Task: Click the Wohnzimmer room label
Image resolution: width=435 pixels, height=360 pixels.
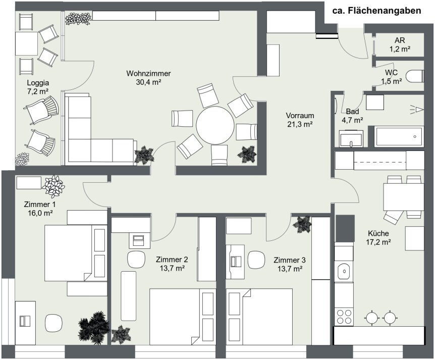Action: click(x=148, y=74)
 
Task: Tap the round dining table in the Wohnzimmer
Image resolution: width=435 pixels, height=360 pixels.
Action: click(x=215, y=125)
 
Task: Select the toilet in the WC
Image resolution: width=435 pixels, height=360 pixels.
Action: click(x=415, y=76)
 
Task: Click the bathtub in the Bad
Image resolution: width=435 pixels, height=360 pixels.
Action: click(x=399, y=136)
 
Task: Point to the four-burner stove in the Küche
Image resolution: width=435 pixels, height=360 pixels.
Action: click(x=344, y=317)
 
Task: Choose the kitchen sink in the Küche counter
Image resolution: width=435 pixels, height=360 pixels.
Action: click(x=344, y=271)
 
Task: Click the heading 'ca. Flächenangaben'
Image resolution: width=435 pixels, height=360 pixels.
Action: click(x=376, y=11)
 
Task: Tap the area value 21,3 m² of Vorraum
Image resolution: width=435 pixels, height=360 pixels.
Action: click(x=300, y=124)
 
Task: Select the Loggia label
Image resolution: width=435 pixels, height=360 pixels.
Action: click(x=38, y=83)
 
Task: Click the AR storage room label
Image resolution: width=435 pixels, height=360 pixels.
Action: click(x=400, y=40)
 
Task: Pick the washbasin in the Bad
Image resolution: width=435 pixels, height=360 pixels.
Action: click(x=351, y=138)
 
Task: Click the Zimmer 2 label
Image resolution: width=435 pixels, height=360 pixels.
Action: click(x=172, y=260)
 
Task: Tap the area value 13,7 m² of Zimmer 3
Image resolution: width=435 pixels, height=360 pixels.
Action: click(x=290, y=269)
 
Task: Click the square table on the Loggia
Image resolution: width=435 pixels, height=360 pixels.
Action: click(x=26, y=43)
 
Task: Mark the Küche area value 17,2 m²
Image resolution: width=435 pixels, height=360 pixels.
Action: click(x=378, y=242)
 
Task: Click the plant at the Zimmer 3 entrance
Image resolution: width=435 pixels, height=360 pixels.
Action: click(x=302, y=224)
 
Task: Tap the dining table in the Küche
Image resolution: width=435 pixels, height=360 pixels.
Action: click(x=404, y=197)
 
